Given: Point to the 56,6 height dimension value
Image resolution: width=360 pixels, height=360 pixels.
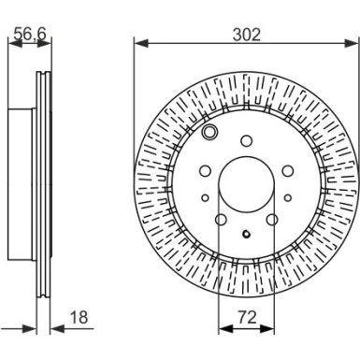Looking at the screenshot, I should pos(28,36).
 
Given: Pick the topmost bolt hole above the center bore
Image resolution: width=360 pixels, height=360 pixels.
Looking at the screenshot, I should pos(245,142).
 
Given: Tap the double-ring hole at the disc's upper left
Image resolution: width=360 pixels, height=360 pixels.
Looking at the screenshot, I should pos(209,134).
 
